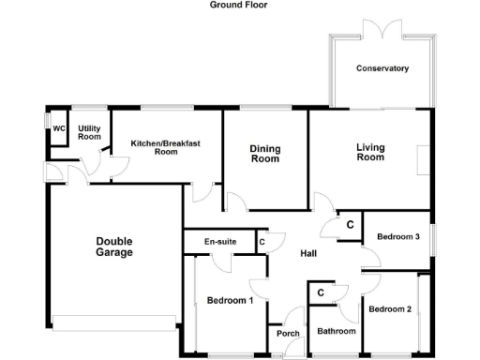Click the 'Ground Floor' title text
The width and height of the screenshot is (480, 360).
click(238, 5)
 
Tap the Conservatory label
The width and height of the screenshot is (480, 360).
click(382, 68)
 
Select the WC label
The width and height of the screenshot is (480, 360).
click(58, 129)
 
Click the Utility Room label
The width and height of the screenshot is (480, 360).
click(89, 132)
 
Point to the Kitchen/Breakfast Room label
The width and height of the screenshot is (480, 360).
click(166, 146)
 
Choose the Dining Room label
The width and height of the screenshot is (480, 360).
click(265, 154)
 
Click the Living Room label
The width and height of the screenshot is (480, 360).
click(370, 152)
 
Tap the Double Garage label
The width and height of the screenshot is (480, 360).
click(114, 247)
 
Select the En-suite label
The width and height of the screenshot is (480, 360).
click(220, 242)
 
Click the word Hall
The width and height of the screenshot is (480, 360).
click(308, 254)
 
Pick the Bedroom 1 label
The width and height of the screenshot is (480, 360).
click(229, 301)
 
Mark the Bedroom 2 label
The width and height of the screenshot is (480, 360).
click(389, 308)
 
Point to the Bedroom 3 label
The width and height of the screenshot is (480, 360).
click(398, 237)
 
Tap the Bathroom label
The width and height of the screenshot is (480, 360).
click(336, 331)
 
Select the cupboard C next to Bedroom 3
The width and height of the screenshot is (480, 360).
click(350, 225)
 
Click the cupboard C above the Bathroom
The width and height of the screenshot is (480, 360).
click(321, 292)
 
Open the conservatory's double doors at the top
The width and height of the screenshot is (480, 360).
click(382, 37)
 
